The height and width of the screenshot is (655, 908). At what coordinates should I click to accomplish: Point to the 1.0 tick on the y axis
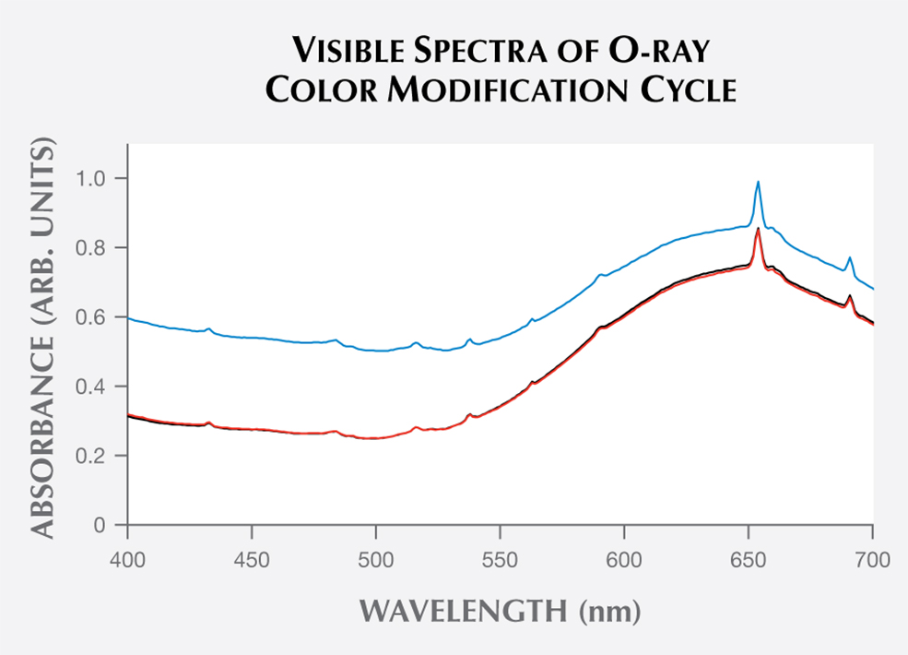click(99, 178)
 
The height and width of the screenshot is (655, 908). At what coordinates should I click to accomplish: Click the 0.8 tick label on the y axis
click(99, 247)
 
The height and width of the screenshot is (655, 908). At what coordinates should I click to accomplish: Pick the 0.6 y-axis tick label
click(99, 317)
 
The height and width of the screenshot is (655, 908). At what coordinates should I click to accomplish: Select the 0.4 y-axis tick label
click(99, 387)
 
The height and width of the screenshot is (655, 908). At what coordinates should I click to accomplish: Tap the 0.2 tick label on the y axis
click(99, 456)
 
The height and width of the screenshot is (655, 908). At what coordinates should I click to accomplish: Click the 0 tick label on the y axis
click(106, 526)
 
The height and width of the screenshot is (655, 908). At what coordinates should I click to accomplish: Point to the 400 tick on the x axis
click(127, 558)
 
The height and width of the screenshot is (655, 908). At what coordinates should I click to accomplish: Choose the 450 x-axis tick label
click(252, 558)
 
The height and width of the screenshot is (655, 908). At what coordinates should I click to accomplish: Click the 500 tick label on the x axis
click(375, 558)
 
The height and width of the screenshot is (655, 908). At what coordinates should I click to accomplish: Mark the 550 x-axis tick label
click(500, 558)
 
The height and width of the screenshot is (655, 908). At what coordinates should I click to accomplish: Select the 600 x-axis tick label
click(624, 558)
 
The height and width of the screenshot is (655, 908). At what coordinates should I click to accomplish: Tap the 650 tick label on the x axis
click(749, 558)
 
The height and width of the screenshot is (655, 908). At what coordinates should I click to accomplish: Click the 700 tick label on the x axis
click(872, 558)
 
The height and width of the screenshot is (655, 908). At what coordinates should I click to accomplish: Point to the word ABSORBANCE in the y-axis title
click(46, 429)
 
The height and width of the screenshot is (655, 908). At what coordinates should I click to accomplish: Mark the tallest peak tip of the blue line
click(758, 182)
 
